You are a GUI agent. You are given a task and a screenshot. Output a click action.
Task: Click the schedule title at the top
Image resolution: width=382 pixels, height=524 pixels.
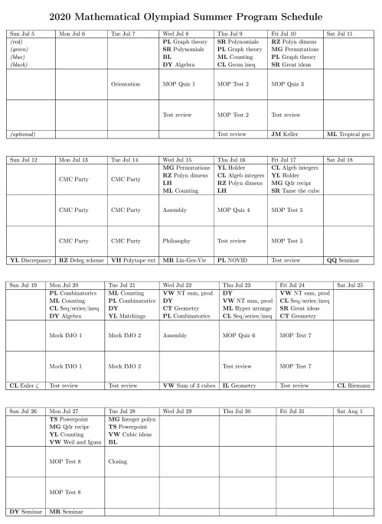click(191, 15)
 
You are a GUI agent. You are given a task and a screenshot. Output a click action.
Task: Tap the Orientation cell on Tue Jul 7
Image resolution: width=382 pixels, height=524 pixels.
click(126, 84)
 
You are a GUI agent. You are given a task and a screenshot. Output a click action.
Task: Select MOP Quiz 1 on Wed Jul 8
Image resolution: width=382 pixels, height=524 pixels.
click(179, 84)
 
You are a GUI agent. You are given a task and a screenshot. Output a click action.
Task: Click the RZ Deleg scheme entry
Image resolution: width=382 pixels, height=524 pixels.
click(80, 259)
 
